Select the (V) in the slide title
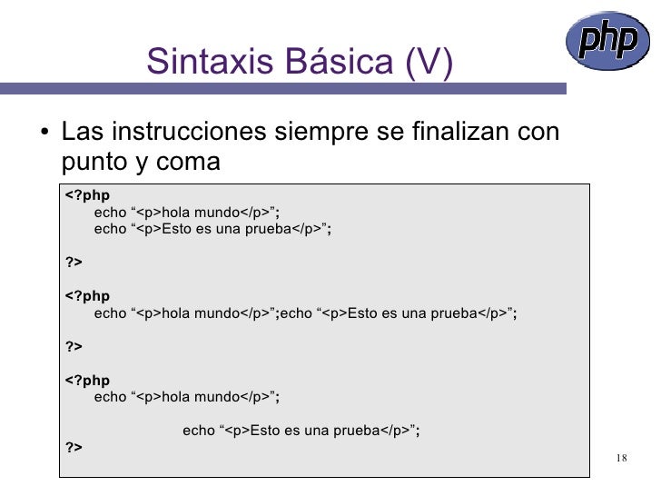click(x=428, y=62)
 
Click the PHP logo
click(x=607, y=42)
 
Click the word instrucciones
click(x=191, y=133)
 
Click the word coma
click(x=188, y=162)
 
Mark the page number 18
click(x=621, y=457)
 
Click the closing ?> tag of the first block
click(x=74, y=263)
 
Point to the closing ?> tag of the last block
click(x=74, y=447)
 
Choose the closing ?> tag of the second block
click(x=74, y=346)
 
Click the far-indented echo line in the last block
click(x=301, y=430)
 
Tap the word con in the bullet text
click(x=538, y=133)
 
